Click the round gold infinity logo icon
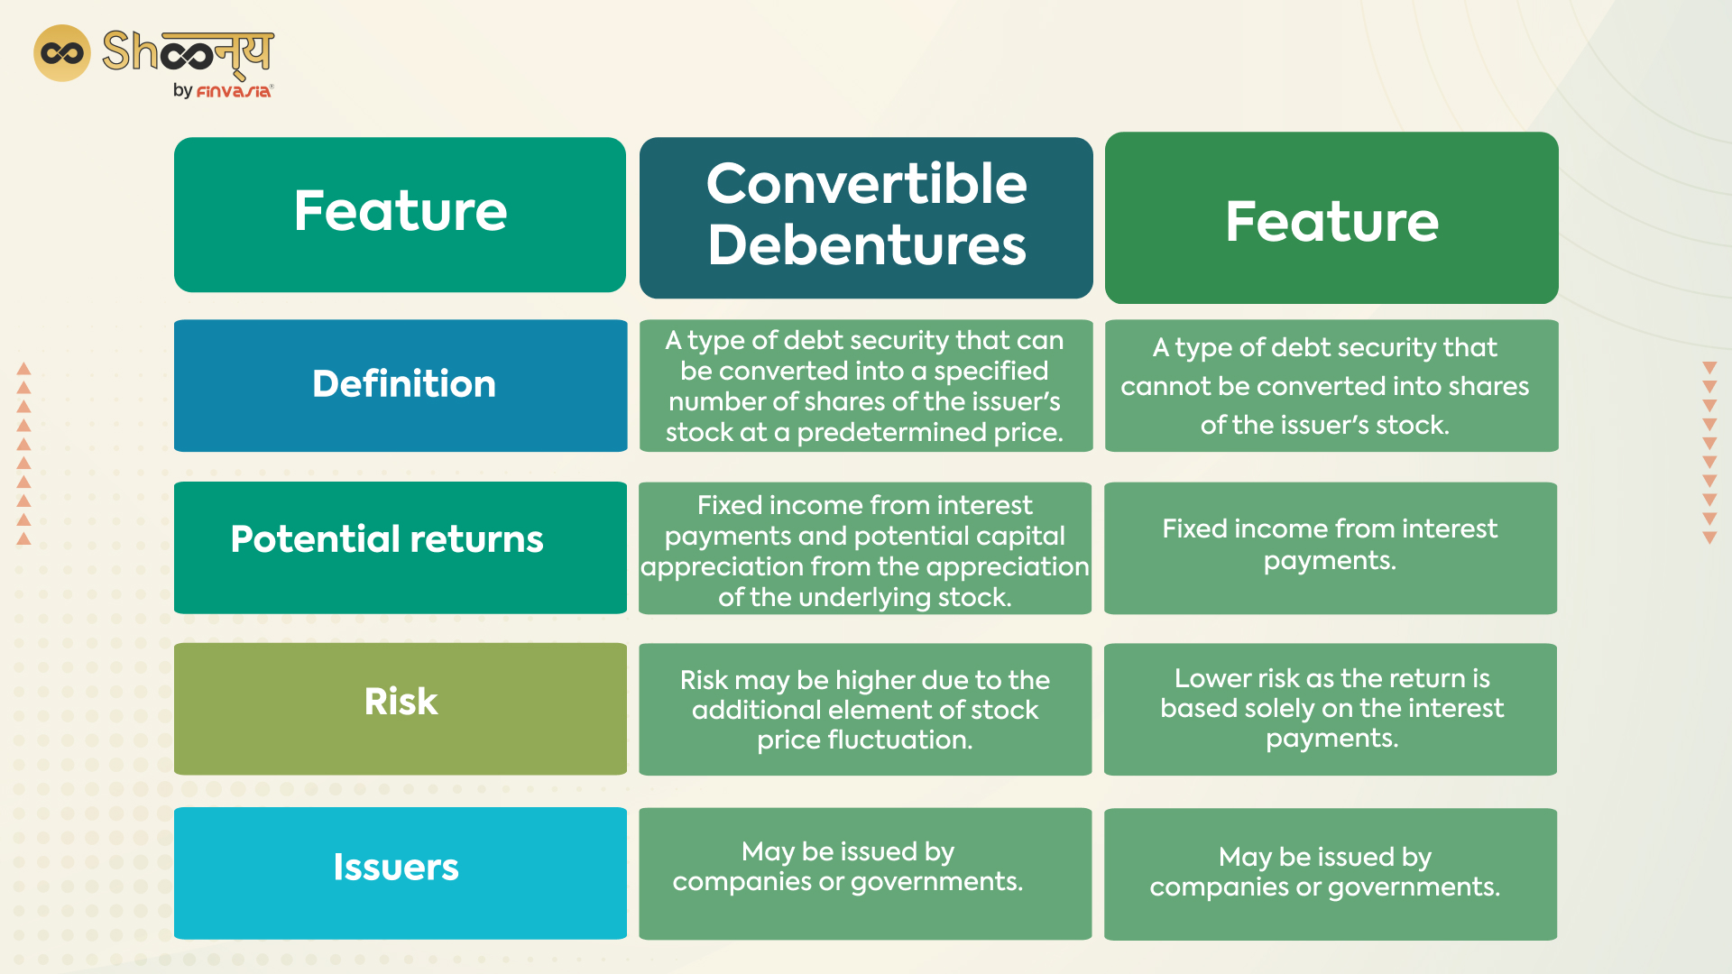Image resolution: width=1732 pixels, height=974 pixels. coord(61,53)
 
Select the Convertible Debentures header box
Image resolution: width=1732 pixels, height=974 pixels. coord(866,216)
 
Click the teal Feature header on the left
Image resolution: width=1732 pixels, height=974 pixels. coord(400,214)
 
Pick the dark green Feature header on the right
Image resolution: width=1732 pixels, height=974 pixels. coord(1331,217)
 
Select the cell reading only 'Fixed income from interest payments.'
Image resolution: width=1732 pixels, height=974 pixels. coord(1330,547)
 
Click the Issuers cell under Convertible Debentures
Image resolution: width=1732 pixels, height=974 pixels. coord(864,872)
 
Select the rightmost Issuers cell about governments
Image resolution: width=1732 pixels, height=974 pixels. coord(1330,873)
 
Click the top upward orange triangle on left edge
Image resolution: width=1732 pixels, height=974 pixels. coord(24,369)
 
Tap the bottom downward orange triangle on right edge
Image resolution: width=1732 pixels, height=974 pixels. coord(1709,538)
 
